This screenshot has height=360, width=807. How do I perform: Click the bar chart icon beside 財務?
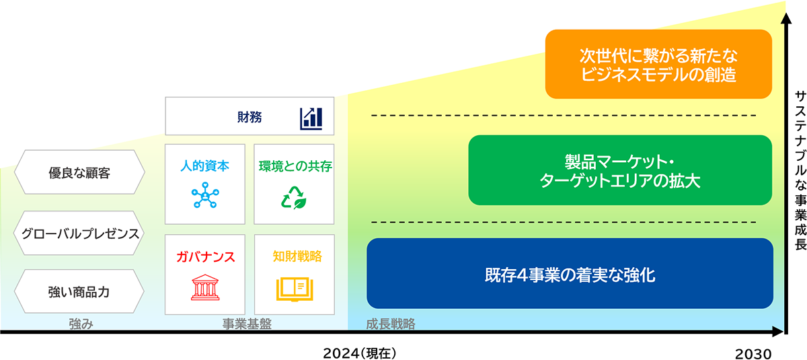click(x=311, y=118)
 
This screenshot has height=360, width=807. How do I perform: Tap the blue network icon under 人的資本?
click(x=205, y=195)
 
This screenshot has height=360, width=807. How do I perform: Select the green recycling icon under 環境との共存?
click(x=294, y=197)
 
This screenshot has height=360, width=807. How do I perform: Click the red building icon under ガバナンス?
click(x=205, y=287)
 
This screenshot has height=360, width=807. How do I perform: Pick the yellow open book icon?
click(x=295, y=289)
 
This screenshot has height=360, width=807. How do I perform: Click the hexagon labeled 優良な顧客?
click(x=79, y=172)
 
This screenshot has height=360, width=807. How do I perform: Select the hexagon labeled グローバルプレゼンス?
click(x=79, y=233)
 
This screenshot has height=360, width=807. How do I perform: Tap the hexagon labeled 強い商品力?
click(x=79, y=291)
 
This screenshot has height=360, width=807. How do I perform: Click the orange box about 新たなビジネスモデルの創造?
click(x=658, y=64)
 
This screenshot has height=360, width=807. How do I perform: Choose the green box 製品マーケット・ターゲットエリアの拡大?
click(x=620, y=170)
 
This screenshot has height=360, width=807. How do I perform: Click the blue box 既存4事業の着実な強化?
click(x=570, y=273)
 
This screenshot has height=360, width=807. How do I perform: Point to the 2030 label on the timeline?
click(x=753, y=354)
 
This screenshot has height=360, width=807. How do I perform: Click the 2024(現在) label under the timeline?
click(x=360, y=353)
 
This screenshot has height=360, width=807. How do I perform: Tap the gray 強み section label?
click(x=81, y=324)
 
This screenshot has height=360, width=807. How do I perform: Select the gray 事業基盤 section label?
click(x=247, y=324)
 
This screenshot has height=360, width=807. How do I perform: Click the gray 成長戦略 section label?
click(x=391, y=324)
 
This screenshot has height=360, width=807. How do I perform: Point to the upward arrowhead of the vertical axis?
click(x=786, y=19)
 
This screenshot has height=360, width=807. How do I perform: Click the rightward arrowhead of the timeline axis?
click(x=777, y=332)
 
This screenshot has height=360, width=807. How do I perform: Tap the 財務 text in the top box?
click(x=249, y=117)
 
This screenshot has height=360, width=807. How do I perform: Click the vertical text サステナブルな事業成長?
click(x=800, y=170)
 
